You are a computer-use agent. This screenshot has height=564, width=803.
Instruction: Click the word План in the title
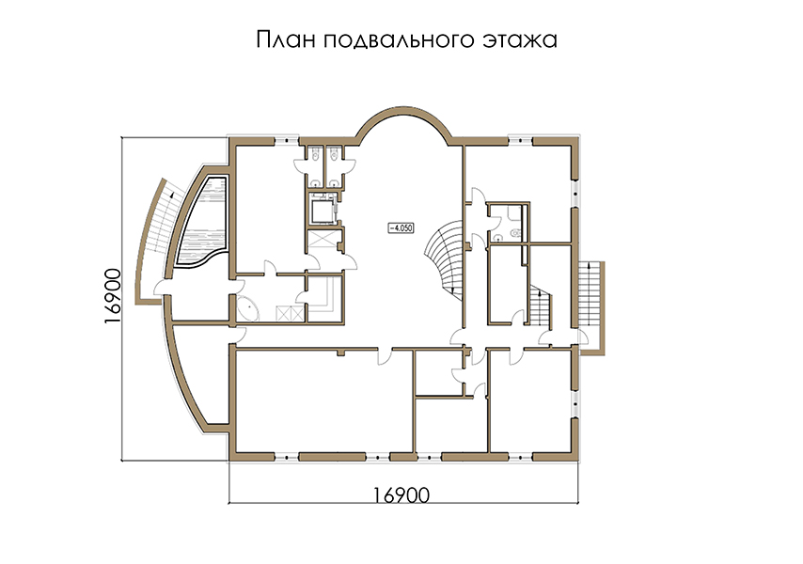click(x=286, y=39)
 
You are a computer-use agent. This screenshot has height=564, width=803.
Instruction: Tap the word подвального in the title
click(x=400, y=40)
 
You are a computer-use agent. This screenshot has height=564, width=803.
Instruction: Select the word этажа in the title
click(x=520, y=39)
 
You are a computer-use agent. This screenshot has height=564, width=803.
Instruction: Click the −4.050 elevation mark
click(x=401, y=227)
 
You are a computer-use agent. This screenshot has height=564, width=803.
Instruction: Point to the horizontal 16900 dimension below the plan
click(x=401, y=494)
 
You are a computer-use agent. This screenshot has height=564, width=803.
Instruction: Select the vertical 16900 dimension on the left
click(x=112, y=296)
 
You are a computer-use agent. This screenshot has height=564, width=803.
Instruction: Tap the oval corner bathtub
click(x=246, y=308)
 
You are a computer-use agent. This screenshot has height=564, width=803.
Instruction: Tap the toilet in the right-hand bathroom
click(x=514, y=233)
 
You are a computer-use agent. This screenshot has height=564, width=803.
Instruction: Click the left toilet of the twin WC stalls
click(x=316, y=153)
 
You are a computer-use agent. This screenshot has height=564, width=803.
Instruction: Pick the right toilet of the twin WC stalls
click(x=334, y=153)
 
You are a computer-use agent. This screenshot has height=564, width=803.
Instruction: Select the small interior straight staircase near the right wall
click(x=541, y=306)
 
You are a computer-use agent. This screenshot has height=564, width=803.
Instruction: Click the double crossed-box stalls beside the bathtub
click(x=290, y=313)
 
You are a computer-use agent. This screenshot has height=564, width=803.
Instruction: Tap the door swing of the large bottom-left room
click(x=384, y=356)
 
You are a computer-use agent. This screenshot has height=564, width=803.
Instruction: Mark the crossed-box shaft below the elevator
click(x=323, y=240)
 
